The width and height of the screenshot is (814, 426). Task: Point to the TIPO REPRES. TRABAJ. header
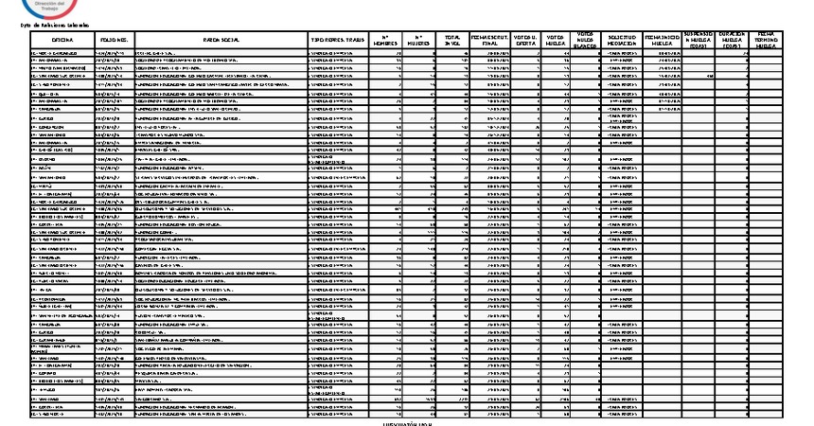pyautogui.click(x=339, y=41)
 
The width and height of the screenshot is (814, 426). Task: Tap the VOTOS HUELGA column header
pyautogui.click(x=556, y=41)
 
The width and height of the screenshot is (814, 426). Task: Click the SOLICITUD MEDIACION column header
pyautogui.click(x=622, y=41)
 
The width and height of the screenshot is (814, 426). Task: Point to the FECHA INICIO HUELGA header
pyautogui.click(x=663, y=41)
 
